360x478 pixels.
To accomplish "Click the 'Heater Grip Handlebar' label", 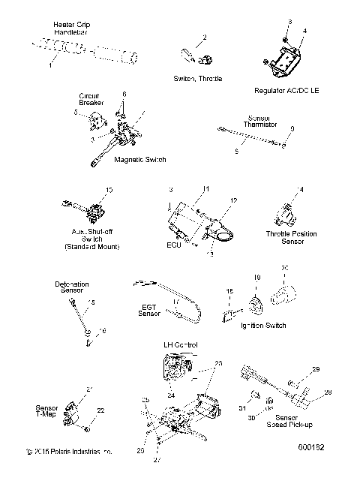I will point(73,29).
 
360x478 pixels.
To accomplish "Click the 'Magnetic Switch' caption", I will point(139,160).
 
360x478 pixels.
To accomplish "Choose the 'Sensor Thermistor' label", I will point(263,122).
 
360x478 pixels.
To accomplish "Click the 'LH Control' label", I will point(180,344).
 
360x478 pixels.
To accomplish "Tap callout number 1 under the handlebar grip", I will point(50,66).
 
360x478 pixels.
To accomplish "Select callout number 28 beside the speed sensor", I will point(328,392).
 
